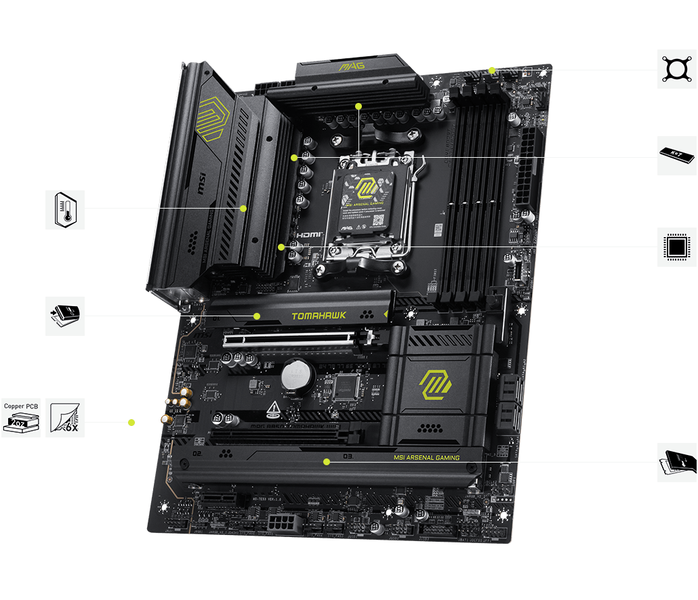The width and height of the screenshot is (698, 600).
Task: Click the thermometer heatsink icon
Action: point(65,209)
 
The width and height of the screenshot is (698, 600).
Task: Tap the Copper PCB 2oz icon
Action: point(21,417)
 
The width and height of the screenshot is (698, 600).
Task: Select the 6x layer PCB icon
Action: point(65,417)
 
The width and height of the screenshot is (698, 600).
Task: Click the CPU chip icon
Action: point(677,247)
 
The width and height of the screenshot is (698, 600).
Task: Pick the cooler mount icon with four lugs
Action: point(677,69)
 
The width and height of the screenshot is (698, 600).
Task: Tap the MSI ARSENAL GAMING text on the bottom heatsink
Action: point(426,458)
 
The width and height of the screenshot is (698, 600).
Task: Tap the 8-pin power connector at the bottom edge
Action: point(281,522)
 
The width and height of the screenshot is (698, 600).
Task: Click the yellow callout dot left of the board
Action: point(131,422)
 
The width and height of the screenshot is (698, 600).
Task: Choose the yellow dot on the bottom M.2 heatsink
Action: point(327,462)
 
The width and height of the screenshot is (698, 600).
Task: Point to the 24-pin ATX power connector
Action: point(527,166)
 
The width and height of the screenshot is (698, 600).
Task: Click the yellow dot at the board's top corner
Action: point(492,70)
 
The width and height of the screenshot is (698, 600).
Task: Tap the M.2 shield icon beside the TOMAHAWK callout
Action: point(65,316)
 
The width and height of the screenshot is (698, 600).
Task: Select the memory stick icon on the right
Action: point(677,155)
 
